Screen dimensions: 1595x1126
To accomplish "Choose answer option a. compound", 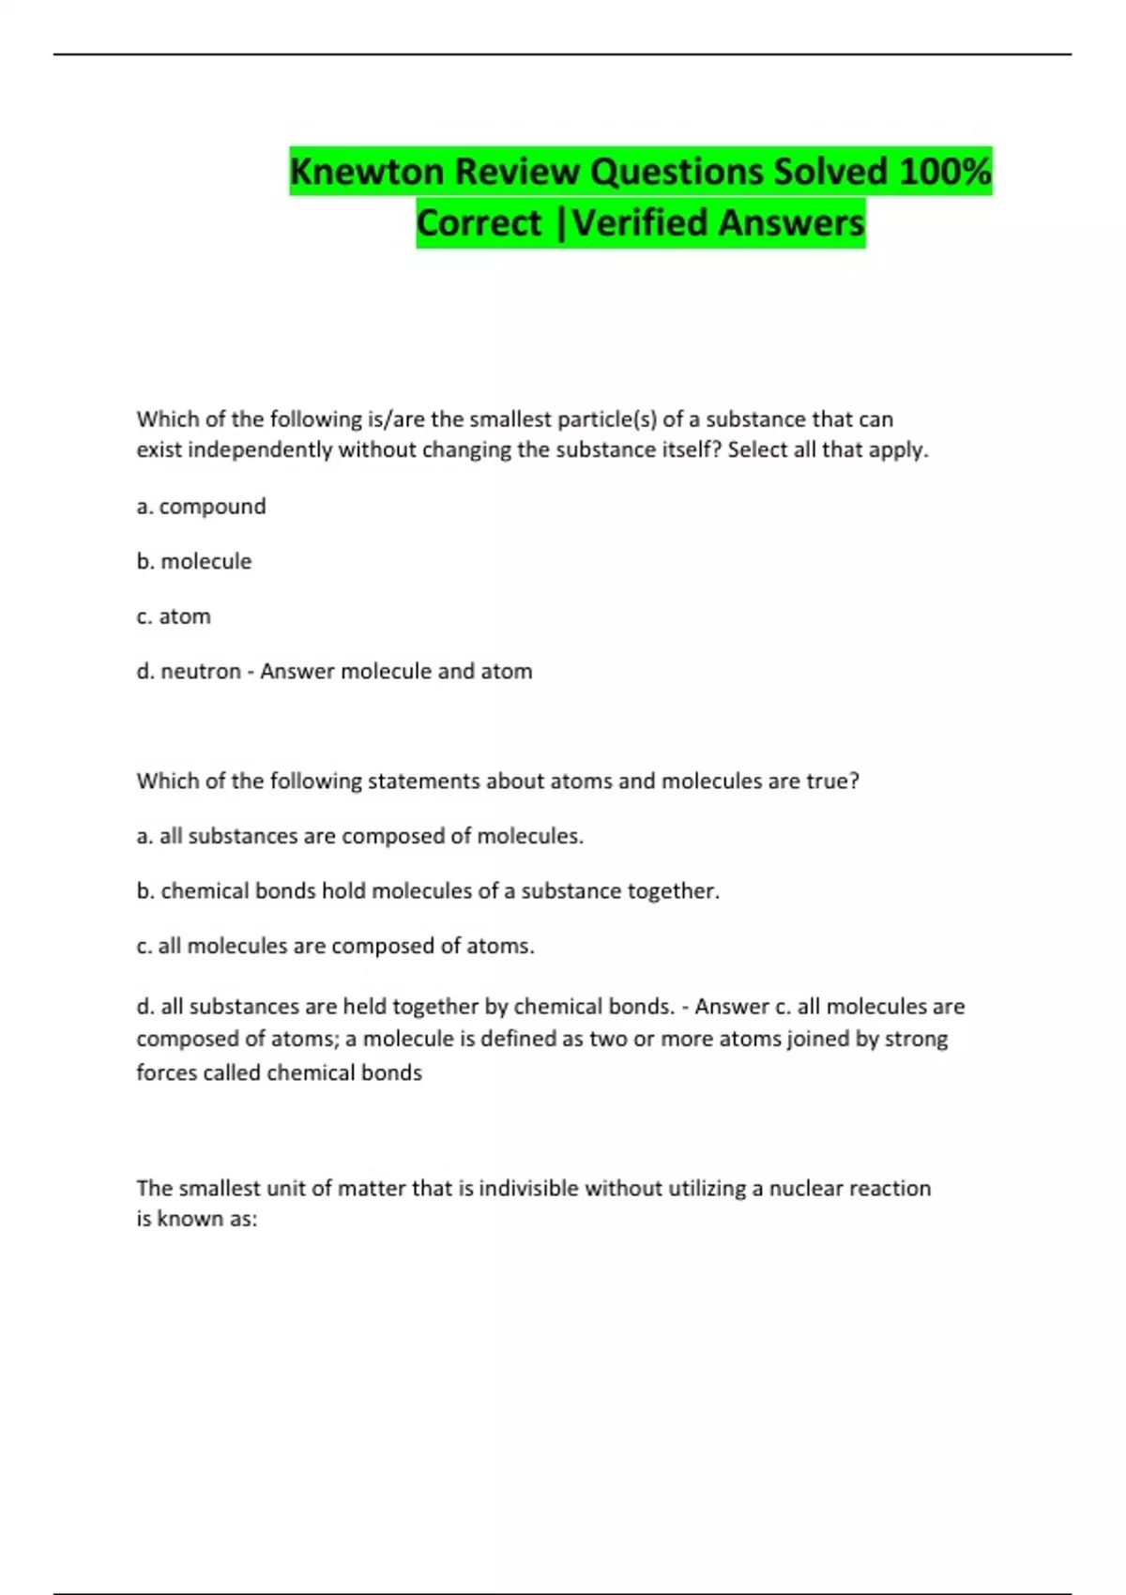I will (x=201, y=507).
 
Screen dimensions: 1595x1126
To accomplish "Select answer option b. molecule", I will (x=194, y=562).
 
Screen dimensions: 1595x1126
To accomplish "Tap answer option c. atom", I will (x=174, y=616).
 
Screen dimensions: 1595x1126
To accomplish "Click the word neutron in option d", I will (x=200, y=672).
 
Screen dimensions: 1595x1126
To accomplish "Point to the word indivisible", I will (x=528, y=1189).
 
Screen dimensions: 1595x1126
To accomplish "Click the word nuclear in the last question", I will (x=806, y=1189).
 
